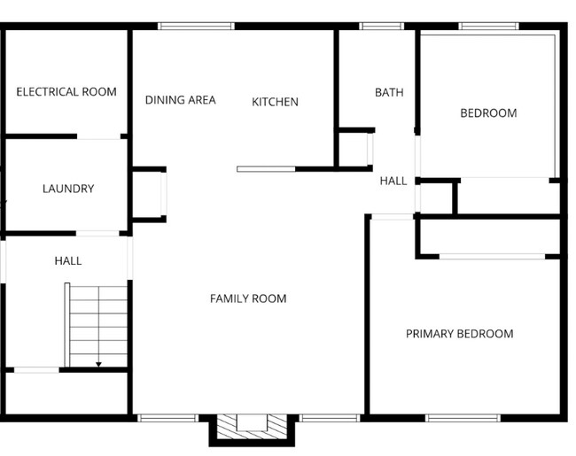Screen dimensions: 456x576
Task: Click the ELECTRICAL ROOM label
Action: point(66,92)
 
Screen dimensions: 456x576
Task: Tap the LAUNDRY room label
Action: point(68,189)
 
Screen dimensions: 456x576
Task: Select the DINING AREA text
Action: point(180,100)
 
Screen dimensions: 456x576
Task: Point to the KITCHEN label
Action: point(275,102)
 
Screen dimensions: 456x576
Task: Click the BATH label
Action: point(389,92)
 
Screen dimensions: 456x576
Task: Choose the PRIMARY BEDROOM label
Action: point(459,334)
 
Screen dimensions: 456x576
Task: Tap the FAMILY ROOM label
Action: point(248,298)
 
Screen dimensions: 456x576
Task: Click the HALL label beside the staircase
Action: point(68,260)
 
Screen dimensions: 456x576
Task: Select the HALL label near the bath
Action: point(393,181)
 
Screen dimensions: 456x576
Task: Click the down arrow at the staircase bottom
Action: point(98,362)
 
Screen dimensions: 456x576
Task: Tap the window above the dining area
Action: point(196,27)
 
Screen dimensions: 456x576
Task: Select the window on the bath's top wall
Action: point(381,27)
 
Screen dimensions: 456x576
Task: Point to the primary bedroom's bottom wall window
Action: point(463,417)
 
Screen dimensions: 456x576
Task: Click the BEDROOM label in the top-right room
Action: point(488,113)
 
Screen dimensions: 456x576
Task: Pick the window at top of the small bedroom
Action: point(489,27)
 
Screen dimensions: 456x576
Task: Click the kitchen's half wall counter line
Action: point(266,168)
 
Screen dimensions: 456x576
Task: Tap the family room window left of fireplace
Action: point(168,417)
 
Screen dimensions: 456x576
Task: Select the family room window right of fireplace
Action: point(328,417)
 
